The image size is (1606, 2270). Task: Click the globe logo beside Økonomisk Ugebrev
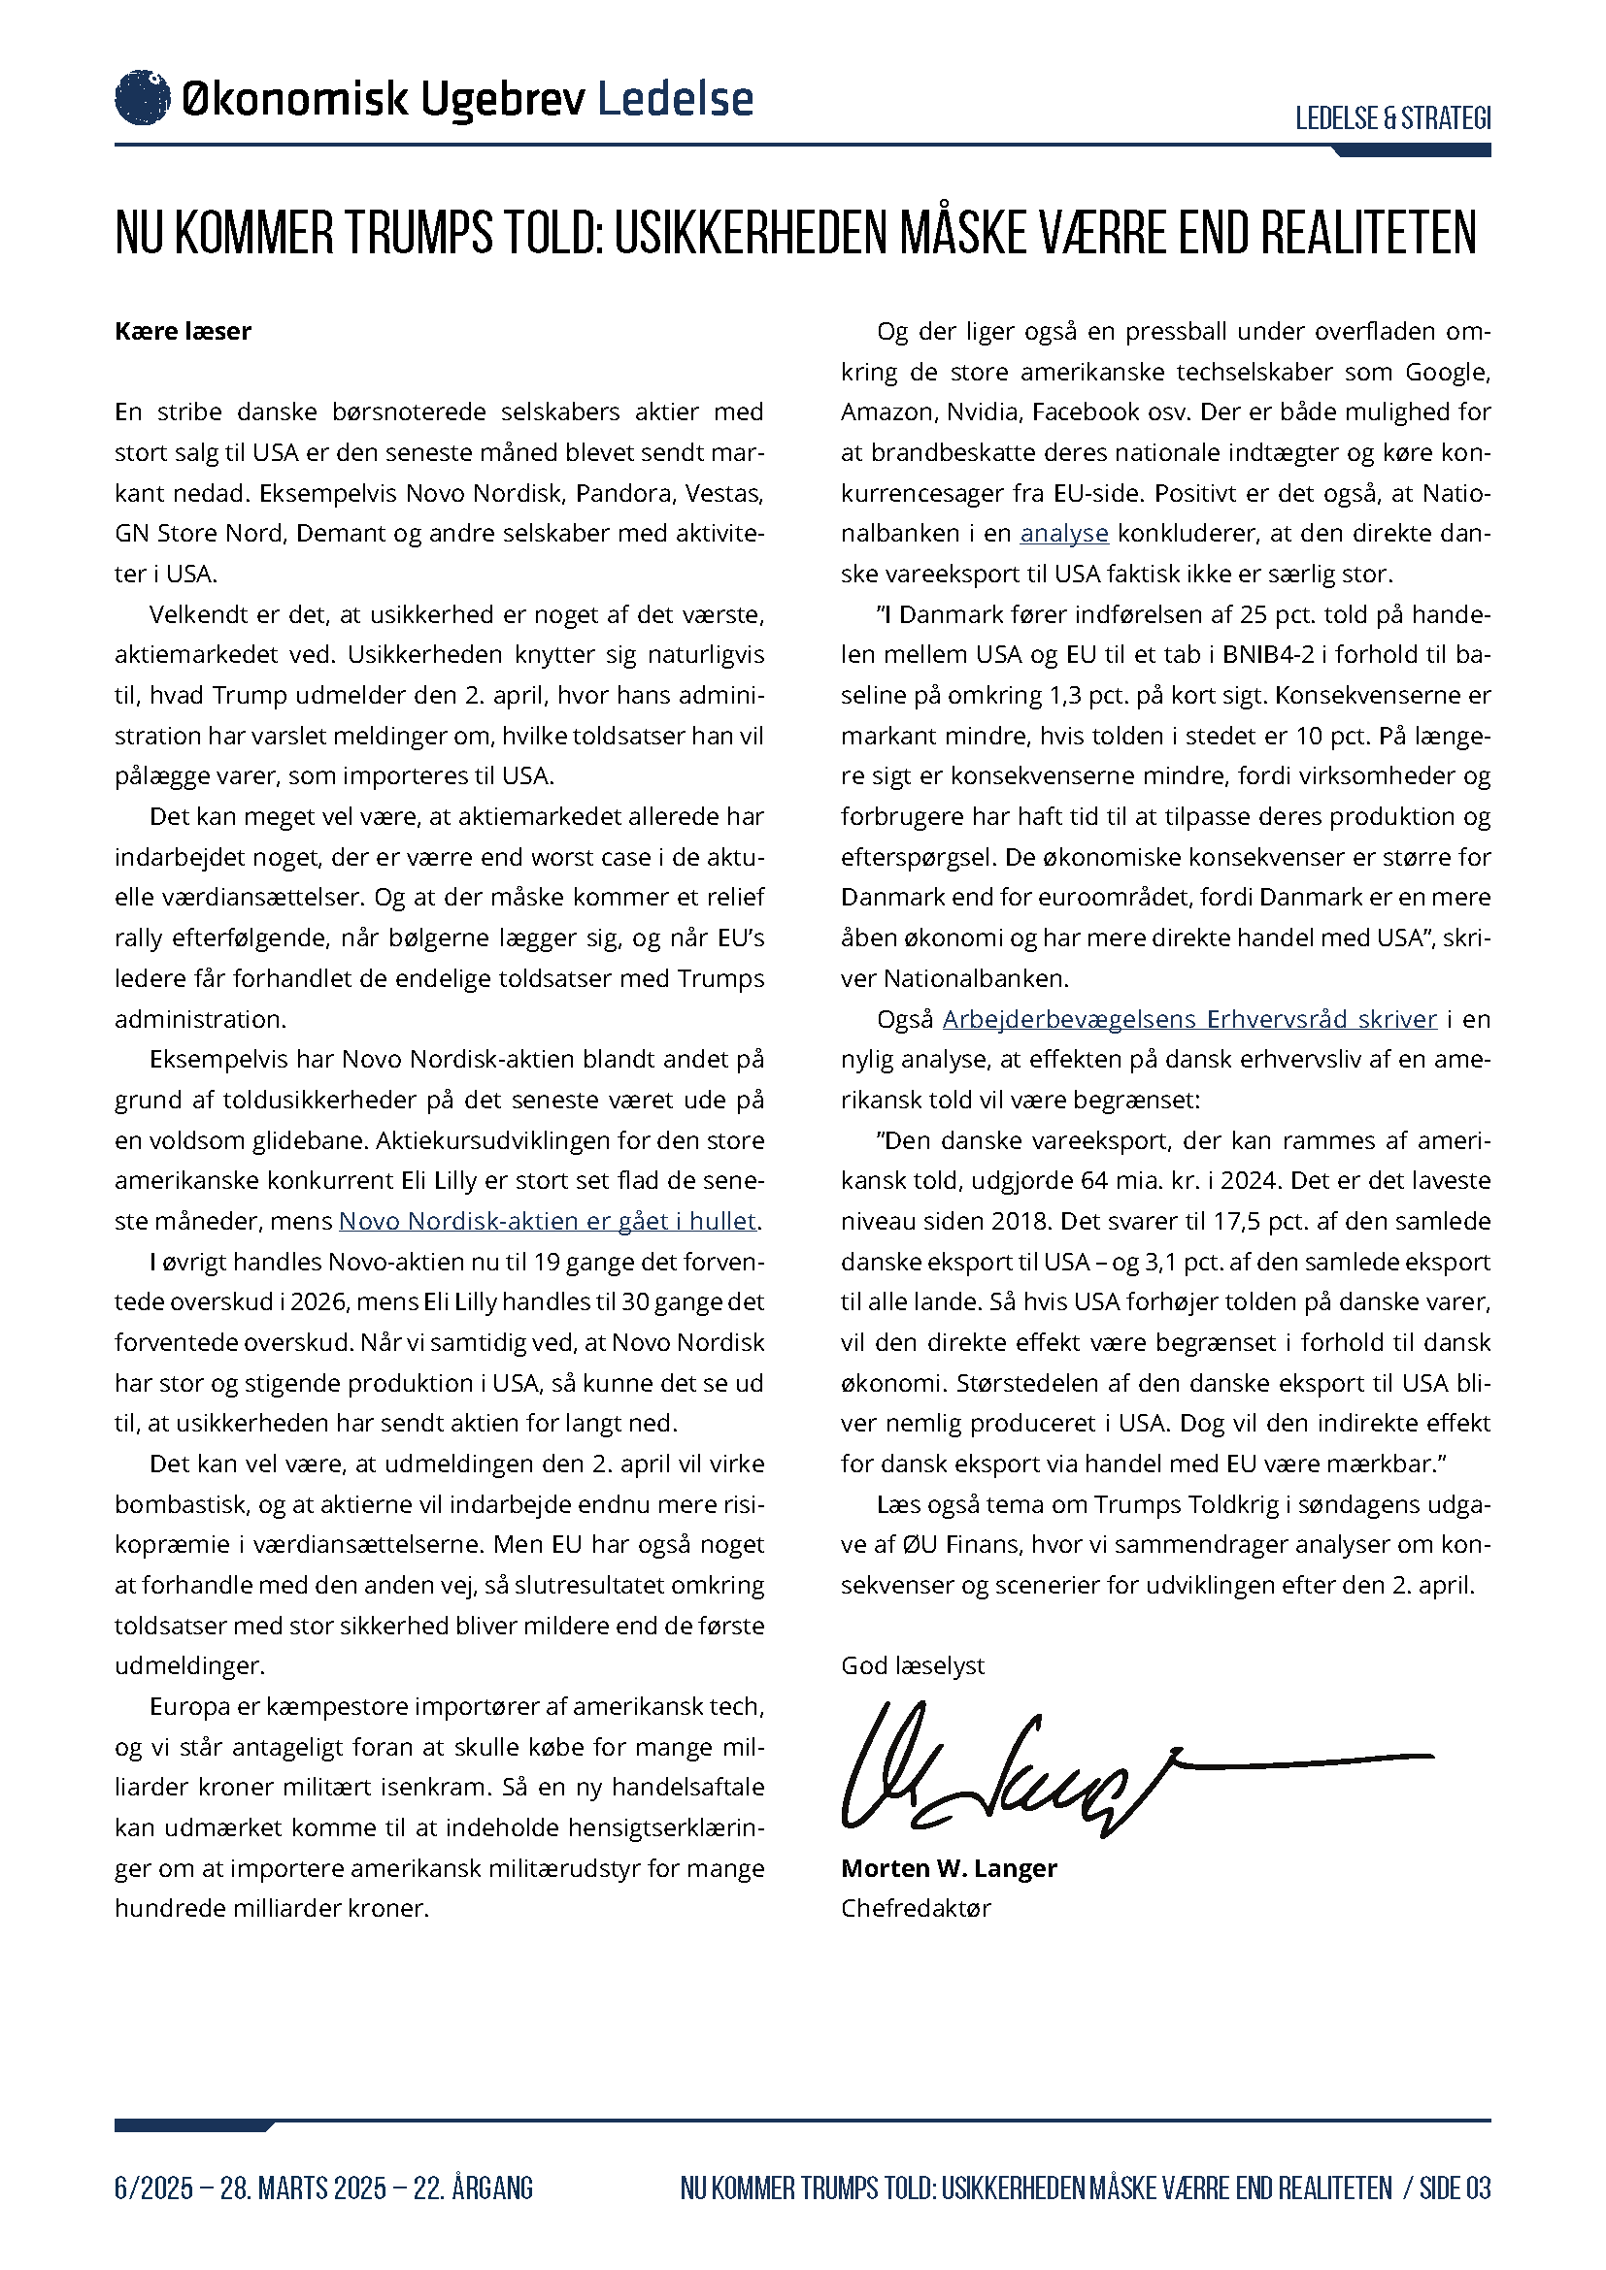[143, 98]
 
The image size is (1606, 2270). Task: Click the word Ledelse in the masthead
[676, 99]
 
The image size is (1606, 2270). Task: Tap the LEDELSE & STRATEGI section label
[1392, 118]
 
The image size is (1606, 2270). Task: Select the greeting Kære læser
[183, 331]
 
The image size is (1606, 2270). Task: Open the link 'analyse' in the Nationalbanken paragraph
[1064, 534]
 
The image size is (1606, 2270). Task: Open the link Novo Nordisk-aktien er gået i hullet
[548, 1221]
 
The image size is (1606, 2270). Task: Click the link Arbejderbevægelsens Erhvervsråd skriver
[1188, 1019]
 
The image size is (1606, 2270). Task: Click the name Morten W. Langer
[949, 1868]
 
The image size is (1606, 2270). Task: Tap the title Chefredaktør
[916, 1908]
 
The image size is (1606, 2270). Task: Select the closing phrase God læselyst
[913, 1666]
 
